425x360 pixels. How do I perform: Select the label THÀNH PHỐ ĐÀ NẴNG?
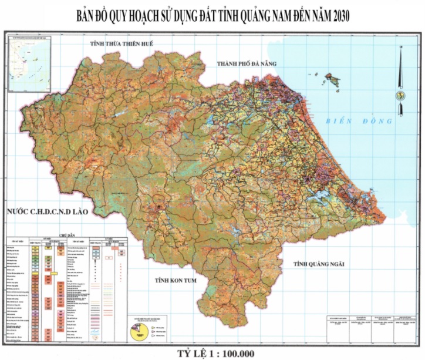(x=246, y=63)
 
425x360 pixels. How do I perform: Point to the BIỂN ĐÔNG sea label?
(x=358, y=121)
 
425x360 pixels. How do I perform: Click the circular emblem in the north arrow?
(x=400, y=95)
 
